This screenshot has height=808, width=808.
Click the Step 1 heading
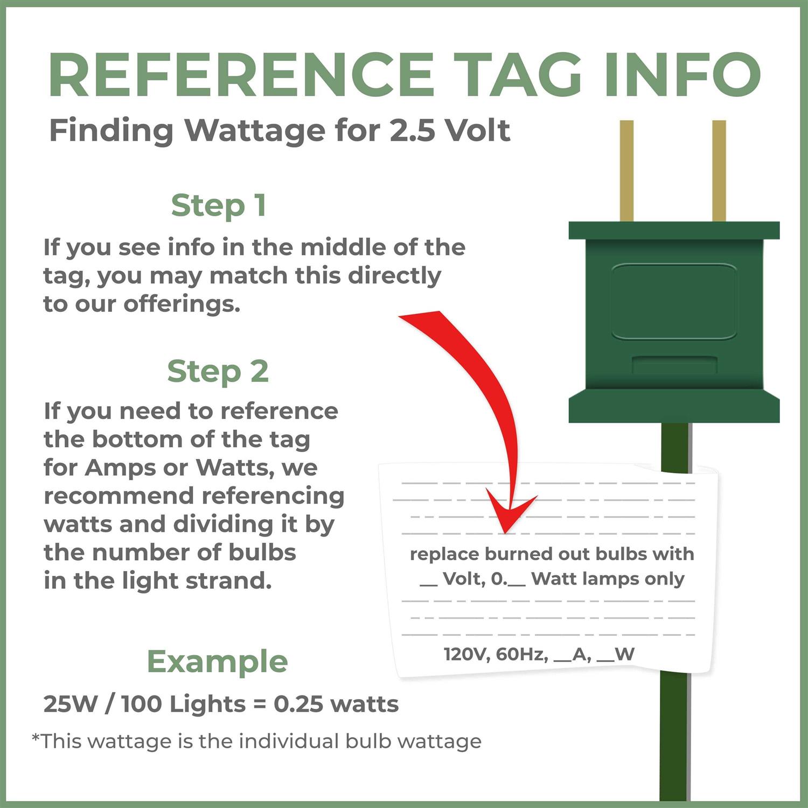click(219, 206)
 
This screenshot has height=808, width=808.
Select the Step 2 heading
click(218, 372)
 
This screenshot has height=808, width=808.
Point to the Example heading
click(218, 661)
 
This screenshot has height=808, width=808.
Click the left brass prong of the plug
click(626, 171)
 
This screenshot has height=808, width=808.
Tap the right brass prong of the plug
click(719, 171)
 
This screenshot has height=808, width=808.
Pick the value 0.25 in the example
click(298, 704)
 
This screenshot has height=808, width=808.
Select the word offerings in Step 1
click(182, 305)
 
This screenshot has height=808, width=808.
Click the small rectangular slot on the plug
click(674, 365)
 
